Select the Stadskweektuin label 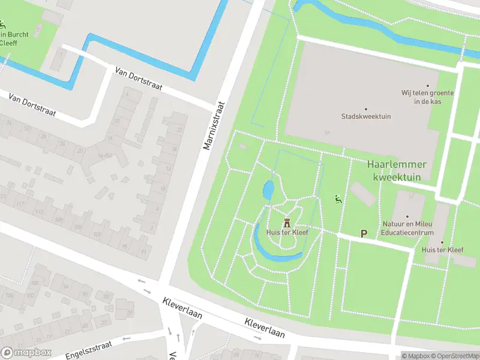366,116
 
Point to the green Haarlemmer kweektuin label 397,170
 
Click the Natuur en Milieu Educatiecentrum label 407,227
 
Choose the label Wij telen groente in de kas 427,97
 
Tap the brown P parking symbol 363,233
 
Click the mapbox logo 26,353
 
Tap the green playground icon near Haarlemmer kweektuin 338,200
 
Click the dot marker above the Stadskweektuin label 366,108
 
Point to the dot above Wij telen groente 428,86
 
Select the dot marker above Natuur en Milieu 407,217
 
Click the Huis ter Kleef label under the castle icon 286,233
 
